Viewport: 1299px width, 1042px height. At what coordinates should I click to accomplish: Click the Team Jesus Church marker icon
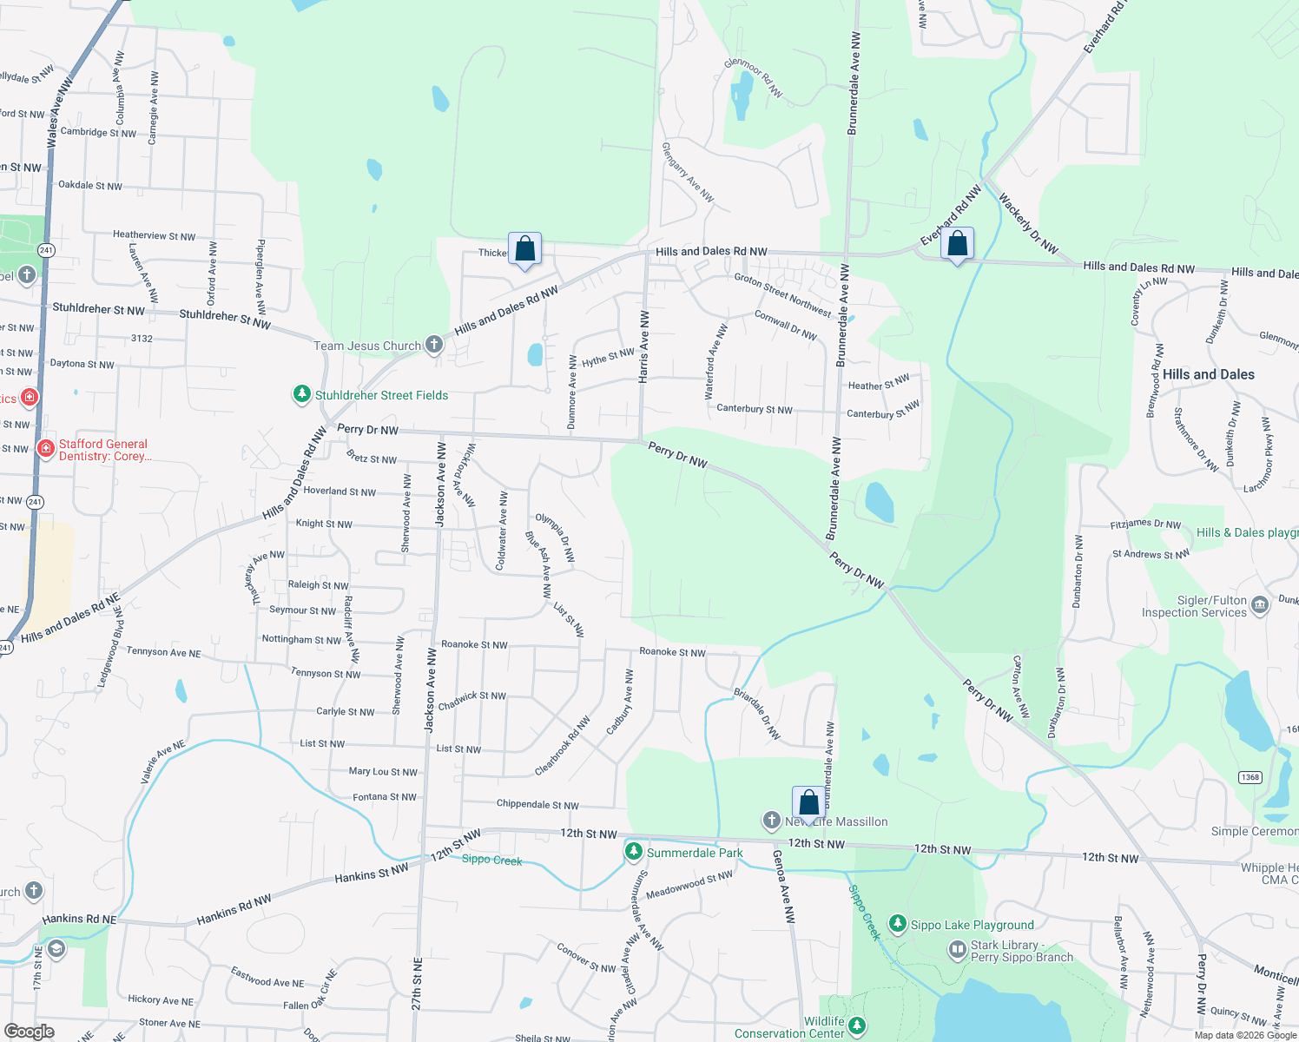pos(434,346)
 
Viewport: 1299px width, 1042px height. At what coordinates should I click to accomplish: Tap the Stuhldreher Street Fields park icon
pos(301,395)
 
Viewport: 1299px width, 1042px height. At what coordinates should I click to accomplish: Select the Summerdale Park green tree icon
pos(634,852)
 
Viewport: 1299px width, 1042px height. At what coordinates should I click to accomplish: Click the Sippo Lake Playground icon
pos(898,924)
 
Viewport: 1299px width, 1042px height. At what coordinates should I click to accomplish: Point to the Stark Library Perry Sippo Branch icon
pos(957,951)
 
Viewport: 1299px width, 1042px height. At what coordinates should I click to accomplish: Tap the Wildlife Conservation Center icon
pos(857,1026)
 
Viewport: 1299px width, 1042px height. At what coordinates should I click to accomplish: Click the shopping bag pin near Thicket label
pos(524,250)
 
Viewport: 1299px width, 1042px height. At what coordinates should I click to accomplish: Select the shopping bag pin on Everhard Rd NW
pos(957,245)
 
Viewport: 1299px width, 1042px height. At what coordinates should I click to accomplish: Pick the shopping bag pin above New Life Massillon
pos(808,803)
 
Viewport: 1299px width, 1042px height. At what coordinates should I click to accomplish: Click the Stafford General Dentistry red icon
pos(46,449)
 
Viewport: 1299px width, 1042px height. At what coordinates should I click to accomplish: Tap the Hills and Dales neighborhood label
pos(1208,374)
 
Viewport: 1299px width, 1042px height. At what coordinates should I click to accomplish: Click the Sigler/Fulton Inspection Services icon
pos(1260,605)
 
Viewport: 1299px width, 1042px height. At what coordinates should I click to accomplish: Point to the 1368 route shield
pos(1250,777)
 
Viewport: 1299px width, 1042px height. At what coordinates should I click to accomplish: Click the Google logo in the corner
pos(29,1031)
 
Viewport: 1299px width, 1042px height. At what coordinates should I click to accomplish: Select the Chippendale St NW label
pos(537,804)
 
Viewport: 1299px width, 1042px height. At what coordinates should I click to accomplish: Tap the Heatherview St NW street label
pos(154,235)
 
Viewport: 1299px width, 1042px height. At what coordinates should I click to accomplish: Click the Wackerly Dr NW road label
pos(1028,223)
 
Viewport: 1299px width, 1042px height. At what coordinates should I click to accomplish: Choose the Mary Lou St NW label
pos(383,771)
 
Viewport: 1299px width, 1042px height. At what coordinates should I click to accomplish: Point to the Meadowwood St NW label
pos(689,885)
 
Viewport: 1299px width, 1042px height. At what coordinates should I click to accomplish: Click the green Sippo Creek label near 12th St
pos(491,860)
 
